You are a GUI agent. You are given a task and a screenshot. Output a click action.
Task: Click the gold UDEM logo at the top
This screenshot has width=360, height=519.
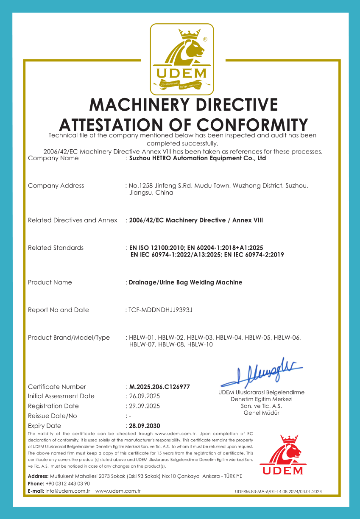point(182,59)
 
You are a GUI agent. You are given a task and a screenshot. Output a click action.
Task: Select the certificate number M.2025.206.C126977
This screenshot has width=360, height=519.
point(159,387)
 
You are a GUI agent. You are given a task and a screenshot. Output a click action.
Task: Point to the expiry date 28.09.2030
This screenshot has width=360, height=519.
point(145,426)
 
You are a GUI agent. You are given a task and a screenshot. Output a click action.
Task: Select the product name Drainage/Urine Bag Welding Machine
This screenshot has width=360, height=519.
point(186,282)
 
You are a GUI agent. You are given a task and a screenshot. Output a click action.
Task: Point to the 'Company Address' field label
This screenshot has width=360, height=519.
point(56,186)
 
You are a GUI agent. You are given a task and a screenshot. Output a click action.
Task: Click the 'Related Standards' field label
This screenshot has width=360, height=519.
point(56,248)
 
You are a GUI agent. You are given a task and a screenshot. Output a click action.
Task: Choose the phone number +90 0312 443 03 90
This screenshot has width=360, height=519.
point(67,483)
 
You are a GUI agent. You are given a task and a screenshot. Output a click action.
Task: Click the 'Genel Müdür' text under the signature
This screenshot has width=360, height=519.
point(261,413)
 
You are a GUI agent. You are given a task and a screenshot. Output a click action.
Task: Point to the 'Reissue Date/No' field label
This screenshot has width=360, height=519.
point(53,416)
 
